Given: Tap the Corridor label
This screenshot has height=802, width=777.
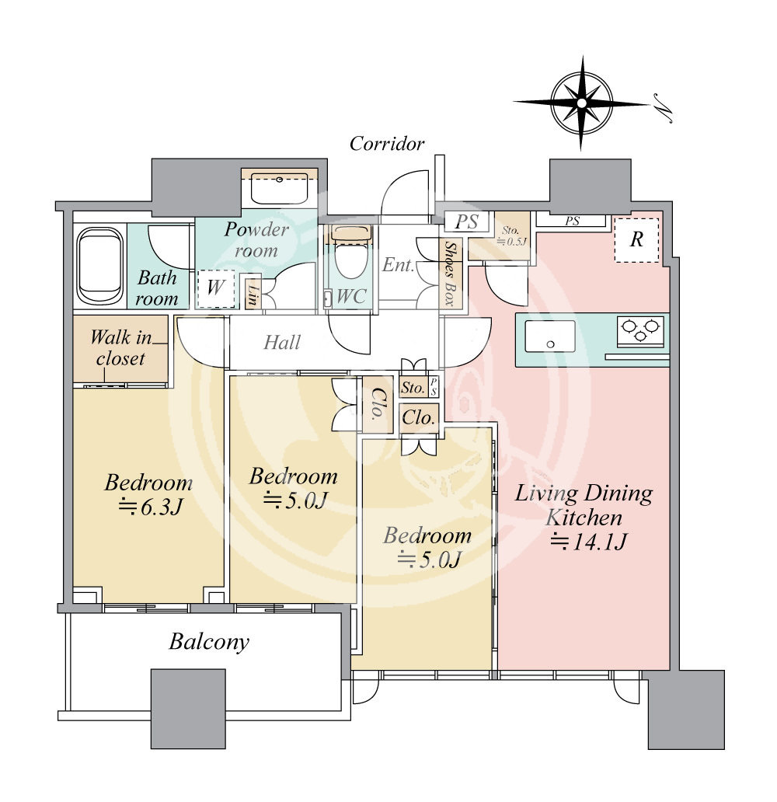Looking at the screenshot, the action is tap(387, 144).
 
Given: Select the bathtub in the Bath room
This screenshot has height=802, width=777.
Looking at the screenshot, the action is tap(99, 267).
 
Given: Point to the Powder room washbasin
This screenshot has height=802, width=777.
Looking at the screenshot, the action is tap(279, 188).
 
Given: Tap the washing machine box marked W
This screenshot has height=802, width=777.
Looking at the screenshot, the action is tap(215, 288).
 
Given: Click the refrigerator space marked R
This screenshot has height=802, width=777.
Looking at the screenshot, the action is tap(636, 239).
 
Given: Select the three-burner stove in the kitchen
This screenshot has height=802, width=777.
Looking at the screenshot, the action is tap(640, 330).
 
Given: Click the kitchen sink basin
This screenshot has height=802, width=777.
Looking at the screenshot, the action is tap(550, 336).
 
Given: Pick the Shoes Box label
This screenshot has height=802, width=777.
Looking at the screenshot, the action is tap(450, 274).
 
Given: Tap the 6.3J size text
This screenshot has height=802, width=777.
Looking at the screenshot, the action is tap(151, 507).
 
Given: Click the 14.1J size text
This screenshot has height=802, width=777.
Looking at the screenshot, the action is tap(587, 542).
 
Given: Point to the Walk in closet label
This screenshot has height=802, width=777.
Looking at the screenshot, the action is tap(121, 348).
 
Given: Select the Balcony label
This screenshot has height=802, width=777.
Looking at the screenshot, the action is tap(209, 642).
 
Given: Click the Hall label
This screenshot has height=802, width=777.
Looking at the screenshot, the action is tap(282, 342).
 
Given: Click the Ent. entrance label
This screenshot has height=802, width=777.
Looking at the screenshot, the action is tap(398, 265).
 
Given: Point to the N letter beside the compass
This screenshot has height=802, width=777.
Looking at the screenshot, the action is tap(662, 112).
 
